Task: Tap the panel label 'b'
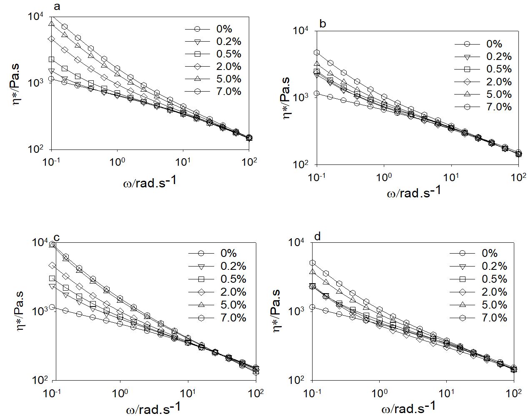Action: pyautogui.click(x=322, y=24)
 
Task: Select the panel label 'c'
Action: pyautogui.click(x=57, y=238)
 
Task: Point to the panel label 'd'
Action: pyautogui.click(x=318, y=237)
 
